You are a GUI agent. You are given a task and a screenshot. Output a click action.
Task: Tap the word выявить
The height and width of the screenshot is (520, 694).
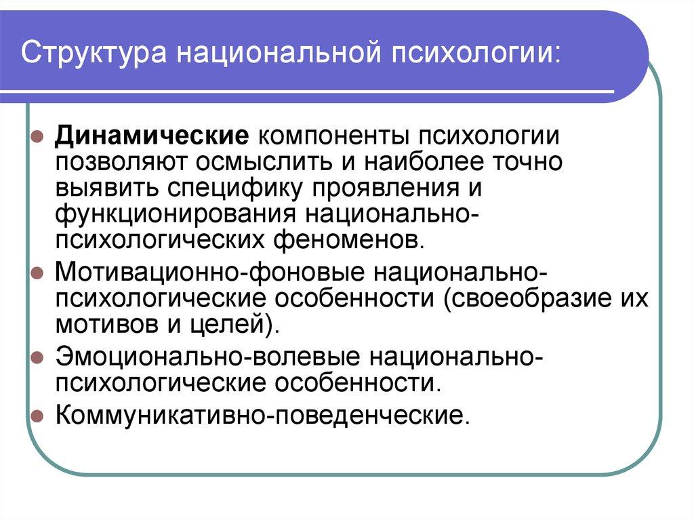(106, 189)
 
